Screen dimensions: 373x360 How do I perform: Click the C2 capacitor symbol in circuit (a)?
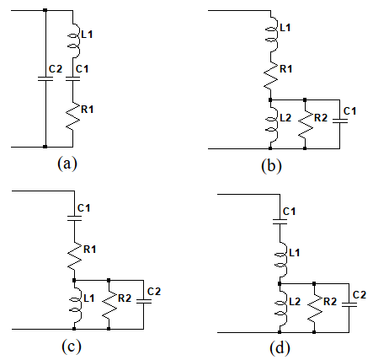click(45, 78)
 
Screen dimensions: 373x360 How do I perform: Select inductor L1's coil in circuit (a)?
click(74, 40)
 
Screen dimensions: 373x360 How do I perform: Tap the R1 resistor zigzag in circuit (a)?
click(73, 116)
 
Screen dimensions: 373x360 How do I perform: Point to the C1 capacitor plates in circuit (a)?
click(73, 78)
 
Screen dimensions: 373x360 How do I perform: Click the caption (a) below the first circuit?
click(67, 164)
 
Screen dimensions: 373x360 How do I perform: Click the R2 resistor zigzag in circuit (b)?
click(306, 125)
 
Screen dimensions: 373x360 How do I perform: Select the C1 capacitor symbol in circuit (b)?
click(340, 121)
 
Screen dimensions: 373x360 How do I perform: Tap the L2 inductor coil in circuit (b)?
click(272, 125)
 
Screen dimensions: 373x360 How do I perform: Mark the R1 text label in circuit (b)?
click(285, 69)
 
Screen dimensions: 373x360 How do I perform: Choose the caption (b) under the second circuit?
click(271, 166)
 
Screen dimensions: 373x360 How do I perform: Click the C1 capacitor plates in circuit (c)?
click(75, 218)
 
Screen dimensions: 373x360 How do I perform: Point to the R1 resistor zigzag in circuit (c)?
click(75, 256)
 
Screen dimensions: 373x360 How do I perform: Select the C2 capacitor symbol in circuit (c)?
click(144, 301)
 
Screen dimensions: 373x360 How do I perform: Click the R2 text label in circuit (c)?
click(125, 298)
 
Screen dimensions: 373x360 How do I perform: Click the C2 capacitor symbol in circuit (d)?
click(349, 304)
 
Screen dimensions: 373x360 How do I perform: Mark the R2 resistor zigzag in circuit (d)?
click(314, 309)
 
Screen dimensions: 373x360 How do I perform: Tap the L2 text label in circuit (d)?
click(295, 302)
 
